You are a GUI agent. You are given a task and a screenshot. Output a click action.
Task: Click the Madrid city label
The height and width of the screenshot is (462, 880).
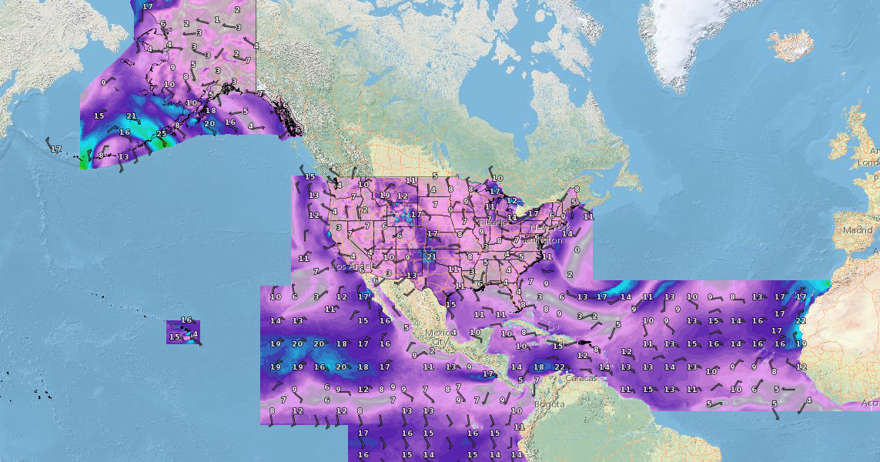tap(857, 229)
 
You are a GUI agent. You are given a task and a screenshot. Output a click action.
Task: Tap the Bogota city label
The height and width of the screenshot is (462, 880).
tap(550, 404)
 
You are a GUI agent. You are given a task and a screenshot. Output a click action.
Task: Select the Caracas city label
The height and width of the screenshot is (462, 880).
tap(581, 378)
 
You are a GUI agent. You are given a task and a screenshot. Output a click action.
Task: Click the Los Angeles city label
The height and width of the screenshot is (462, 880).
tap(350, 266)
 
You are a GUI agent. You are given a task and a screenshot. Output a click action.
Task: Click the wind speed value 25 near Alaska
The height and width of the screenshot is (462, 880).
tap(161, 134)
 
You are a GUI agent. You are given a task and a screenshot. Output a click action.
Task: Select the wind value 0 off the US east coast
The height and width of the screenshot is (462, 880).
tap(577, 250)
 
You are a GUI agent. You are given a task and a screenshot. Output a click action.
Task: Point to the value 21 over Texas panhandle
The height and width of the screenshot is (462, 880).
tap(431, 256)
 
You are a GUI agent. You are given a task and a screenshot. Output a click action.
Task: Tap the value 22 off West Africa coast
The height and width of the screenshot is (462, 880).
tap(800, 321)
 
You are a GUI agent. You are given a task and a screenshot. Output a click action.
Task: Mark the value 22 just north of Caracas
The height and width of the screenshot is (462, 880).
tap(560, 367)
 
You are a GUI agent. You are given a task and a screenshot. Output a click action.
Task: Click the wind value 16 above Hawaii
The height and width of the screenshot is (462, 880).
tap(186, 320)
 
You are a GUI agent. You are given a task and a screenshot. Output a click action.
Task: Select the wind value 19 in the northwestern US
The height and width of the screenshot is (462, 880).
tap(384, 196)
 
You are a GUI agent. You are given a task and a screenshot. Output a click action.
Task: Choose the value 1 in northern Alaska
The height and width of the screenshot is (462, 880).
tap(217, 20)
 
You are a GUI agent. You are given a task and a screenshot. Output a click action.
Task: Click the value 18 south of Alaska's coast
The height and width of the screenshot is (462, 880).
tap(210, 111)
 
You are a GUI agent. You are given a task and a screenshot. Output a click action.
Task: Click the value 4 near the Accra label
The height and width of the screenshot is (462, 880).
tap(808, 400)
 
